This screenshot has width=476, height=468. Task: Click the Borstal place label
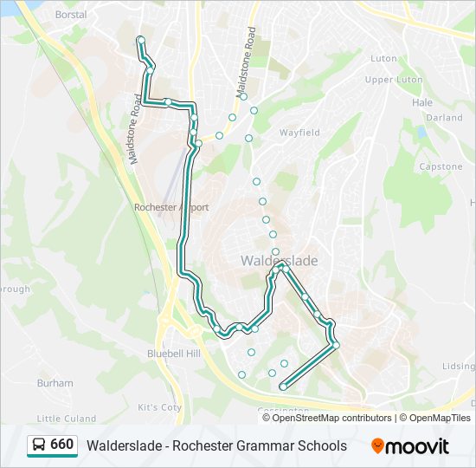(71, 15)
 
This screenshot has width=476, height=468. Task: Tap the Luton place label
(383, 59)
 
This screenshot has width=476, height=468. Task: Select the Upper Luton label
(394, 80)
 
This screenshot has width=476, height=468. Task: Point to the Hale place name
(422, 102)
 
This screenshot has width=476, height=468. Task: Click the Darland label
(444, 117)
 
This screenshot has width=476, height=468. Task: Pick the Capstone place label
(441, 166)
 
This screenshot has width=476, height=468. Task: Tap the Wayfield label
(299, 133)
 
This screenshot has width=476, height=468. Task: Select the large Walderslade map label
(279, 261)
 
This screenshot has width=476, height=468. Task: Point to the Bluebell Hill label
(174, 354)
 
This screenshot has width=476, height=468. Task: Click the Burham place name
(55, 382)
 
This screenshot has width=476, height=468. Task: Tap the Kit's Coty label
(160, 407)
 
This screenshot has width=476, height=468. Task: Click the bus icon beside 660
(39, 445)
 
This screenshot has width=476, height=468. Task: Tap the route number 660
(62, 445)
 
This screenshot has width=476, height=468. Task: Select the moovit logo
(410, 446)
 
